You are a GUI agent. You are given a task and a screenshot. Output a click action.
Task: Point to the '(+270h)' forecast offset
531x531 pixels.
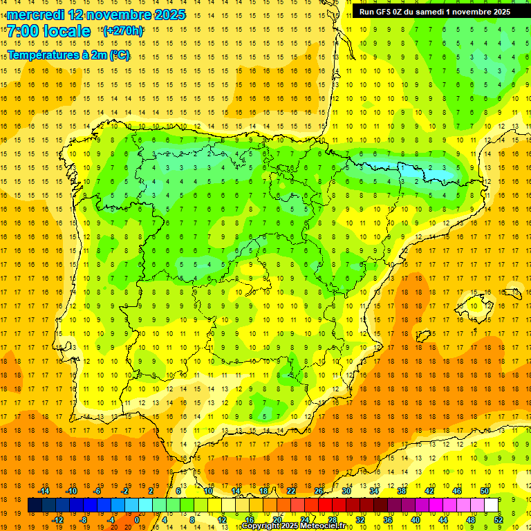(x=123, y=30)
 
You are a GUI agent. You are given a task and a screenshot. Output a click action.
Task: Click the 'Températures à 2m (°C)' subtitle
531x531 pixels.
(x=68, y=55)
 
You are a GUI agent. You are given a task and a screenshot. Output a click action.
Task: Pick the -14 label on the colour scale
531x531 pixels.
(x=43, y=490)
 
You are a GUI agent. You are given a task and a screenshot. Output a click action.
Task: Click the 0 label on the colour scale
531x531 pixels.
(x=137, y=519)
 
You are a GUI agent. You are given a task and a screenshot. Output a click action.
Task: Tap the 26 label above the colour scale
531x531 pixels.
(x=319, y=490)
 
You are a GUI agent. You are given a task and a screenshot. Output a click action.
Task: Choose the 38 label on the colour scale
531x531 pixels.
(x=402, y=490)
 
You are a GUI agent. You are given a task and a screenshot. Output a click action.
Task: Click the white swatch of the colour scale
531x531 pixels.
(x=492, y=505)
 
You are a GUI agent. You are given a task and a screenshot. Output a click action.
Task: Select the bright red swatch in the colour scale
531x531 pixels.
(x=326, y=505)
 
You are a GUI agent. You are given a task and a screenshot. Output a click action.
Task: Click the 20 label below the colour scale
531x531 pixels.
(x=277, y=519)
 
